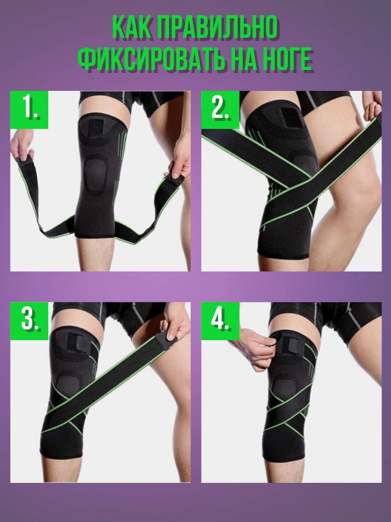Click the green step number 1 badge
pos(29,110)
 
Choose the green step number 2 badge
pos(220,110)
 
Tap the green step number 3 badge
pos(29,321)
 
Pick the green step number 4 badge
pos(220,321)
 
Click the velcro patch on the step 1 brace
pos(96,129)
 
